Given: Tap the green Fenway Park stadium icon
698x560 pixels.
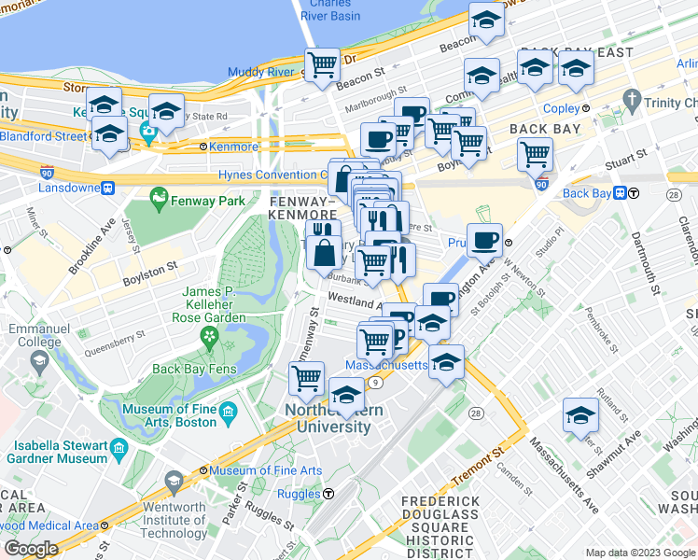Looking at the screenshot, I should pos(159,199).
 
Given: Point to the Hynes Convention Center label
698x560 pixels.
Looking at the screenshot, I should pos(271,175).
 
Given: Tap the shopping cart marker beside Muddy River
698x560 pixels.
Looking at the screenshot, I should pos(322,65).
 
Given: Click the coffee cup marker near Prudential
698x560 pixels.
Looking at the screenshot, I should pos(484,240).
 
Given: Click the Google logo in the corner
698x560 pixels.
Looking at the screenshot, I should pos(31,549).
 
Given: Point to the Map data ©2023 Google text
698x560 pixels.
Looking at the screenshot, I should pos(639,553).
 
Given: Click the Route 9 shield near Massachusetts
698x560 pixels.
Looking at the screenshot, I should pos(373,381).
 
